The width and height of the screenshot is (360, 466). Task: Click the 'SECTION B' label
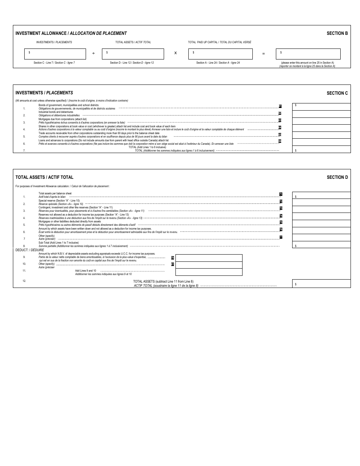(x=337, y=33)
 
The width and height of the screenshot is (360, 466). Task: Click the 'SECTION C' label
(x=337, y=93)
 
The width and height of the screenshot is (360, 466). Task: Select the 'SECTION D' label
(x=337, y=177)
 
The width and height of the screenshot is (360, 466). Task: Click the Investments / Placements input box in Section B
(x=55, y=54)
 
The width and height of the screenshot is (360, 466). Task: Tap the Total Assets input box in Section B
(x=133, y=54)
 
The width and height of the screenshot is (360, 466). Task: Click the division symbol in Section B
(x=94, y=54)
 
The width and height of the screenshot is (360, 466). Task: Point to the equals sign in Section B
(x=263, y=54)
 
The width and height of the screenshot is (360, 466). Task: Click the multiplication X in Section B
(x=175, y=53)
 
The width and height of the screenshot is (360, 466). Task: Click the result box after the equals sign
(x=308, y=54)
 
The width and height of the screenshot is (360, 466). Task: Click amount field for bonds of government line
(x=321, y=106)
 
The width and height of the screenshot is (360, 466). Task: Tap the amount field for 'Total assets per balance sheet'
(x=321, y=195)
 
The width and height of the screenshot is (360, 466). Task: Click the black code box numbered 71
(x=281, y=194)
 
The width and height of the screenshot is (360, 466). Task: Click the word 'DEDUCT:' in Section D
(x=22, y=250)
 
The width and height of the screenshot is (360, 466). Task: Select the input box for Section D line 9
(x=208, y=258)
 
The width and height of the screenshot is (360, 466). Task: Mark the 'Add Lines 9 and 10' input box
(x=208, y=272)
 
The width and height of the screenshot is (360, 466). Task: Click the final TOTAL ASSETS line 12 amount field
(x=321, y=283)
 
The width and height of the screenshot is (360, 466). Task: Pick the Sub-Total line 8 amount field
(x=321, y=245)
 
